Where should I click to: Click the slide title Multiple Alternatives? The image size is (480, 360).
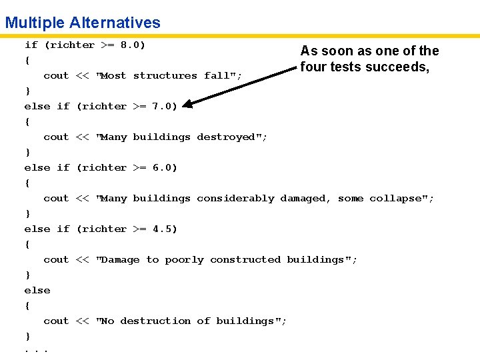pos(83,23)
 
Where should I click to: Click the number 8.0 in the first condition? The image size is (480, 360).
pos(130,45)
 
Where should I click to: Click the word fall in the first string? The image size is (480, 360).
pos(218,76)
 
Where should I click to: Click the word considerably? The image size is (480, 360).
pos(235,199)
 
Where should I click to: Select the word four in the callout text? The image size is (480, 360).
pos(312,67)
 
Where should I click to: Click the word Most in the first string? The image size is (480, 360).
pos(114,76)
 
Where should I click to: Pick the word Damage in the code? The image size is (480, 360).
pos(121,260)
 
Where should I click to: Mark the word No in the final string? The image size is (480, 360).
pos(107,321)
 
